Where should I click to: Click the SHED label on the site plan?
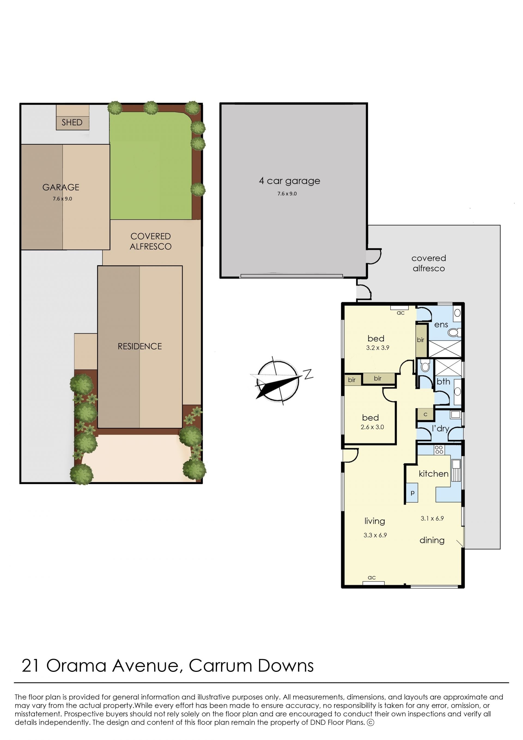[x=72, y=122]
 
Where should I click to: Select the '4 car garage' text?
[x=290, y=181]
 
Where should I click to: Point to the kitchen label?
[x=433, y=474]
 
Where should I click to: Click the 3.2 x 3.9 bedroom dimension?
[x=378, y=348]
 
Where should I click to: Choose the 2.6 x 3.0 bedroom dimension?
[x=372, y=427]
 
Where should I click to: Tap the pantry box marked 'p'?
[x=412, y=493]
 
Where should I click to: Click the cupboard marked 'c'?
[x=425, y=415]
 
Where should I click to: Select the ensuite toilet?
[x=454, y=332]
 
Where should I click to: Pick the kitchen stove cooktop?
[x=439, y=450]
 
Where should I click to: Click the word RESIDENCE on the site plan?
[x=140, y=346]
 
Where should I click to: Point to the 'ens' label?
[x=441, y=325]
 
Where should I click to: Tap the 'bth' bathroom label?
[x=443, y=382]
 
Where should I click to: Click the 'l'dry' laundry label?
[x=440, y=428]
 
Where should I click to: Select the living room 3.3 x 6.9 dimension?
[x=375, y=535]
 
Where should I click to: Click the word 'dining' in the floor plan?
[x=432, y=540]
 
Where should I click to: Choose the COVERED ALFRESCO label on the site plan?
[x=150, y=241]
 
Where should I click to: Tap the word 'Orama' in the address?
[x=76, y=666]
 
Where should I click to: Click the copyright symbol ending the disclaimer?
[x=371, y=723]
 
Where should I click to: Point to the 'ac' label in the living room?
[x=372, y=578]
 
